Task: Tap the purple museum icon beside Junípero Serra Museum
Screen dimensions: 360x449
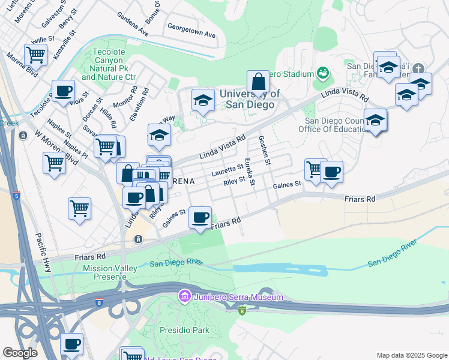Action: tap(184, 296)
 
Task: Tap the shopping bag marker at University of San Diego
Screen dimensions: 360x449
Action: tap(258, 82)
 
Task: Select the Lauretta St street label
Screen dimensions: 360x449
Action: tap(228, 171)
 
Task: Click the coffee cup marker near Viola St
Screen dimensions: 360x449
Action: tap(63, 92)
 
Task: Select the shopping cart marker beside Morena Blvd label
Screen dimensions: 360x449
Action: tap(36, 55)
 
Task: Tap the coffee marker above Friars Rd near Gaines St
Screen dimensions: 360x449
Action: tap(200, 217)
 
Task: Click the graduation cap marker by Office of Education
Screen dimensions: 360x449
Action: tap(376, 120)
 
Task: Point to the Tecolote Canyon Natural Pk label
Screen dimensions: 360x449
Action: tap(113, 65)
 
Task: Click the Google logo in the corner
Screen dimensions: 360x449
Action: tap(20, 353)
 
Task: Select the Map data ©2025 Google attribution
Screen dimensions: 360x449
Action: tap(411, 355)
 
